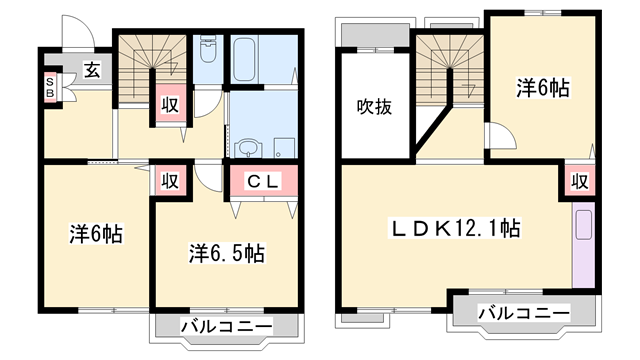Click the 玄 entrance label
click(92, 71)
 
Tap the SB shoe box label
click(49, 87)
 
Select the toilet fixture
click(208, 49)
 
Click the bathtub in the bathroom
click(244, 59)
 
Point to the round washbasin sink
click(248, 148)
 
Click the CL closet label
click(264, 181)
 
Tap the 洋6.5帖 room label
click(227, 253)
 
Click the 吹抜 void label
click(374, 107)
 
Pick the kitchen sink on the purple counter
click(584, 225)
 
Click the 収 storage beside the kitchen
click(580, 181)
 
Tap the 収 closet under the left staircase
click(170, 105)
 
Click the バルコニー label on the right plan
click(524, 313)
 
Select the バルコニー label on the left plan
click(227, 327)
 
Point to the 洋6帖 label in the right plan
click(542, 87)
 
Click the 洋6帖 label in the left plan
click(96, 234)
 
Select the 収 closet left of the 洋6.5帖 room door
click(170, 180)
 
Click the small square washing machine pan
click(284, 148)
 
